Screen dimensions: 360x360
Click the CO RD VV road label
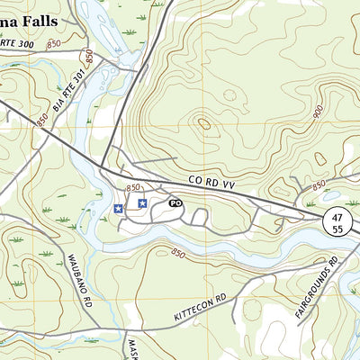coord(213,183)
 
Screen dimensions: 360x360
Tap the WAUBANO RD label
coord(80,279)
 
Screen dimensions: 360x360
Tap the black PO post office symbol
coord(176,203)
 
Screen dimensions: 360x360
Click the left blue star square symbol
coord(118,209)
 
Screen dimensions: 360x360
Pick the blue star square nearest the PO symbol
coord(142,203)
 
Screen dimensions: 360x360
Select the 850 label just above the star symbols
coord(135,186)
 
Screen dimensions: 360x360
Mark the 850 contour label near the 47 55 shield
coord(318,184)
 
